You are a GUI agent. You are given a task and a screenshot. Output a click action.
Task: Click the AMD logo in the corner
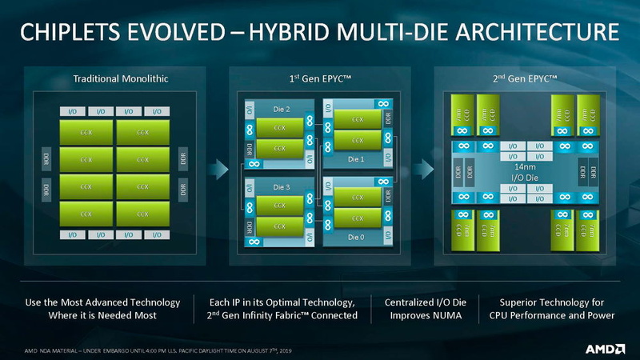pos(606,349)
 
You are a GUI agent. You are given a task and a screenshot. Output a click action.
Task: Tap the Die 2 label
pos(282,110)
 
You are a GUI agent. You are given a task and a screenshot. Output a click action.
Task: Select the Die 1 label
pos(356,158)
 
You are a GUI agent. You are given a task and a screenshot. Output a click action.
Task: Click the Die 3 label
pos(282,187)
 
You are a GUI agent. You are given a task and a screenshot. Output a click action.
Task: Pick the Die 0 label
pos(356,237)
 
